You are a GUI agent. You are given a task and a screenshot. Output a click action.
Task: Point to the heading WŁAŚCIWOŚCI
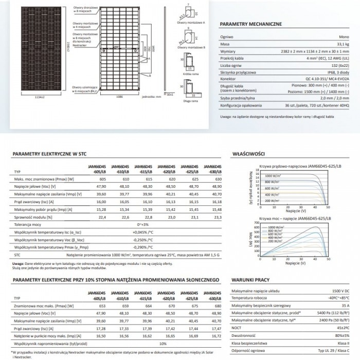(248, 154)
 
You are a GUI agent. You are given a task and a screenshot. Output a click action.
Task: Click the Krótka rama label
(190, 75)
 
